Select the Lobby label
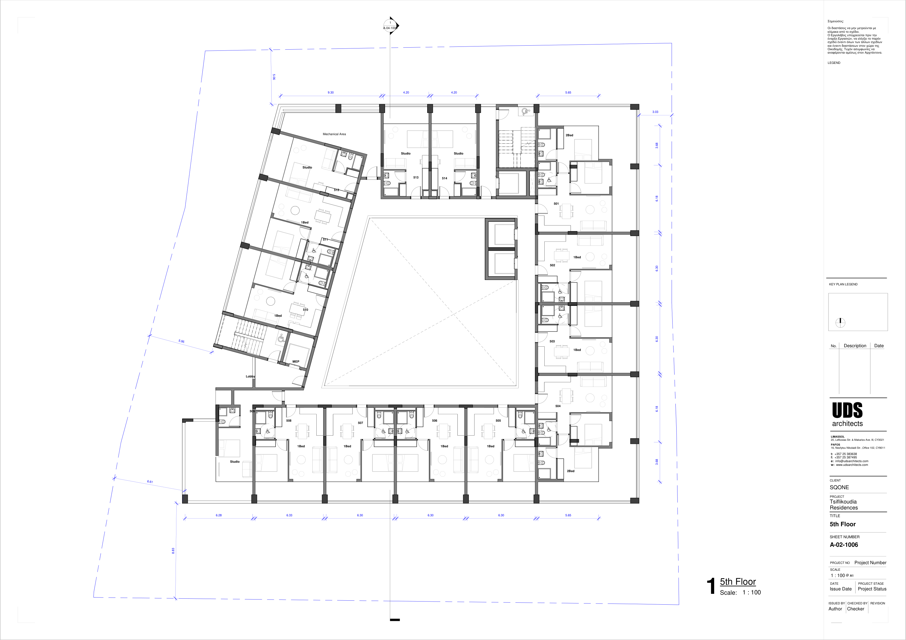click(250, 377)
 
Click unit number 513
click(416, 178)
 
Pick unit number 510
click(305, 310)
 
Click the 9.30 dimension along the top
click(330, 93)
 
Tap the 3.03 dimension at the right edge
click(655, 112)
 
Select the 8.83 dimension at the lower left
click(173, 551)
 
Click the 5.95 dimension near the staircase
click(181, 341)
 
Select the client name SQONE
click(839, 487)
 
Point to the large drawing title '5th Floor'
click(738, 582)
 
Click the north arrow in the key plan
click(840, 323)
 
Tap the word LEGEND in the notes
click(834, 63)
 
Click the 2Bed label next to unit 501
click(569, 135)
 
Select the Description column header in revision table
click(855, 346)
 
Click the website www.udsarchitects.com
click(852, 465)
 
